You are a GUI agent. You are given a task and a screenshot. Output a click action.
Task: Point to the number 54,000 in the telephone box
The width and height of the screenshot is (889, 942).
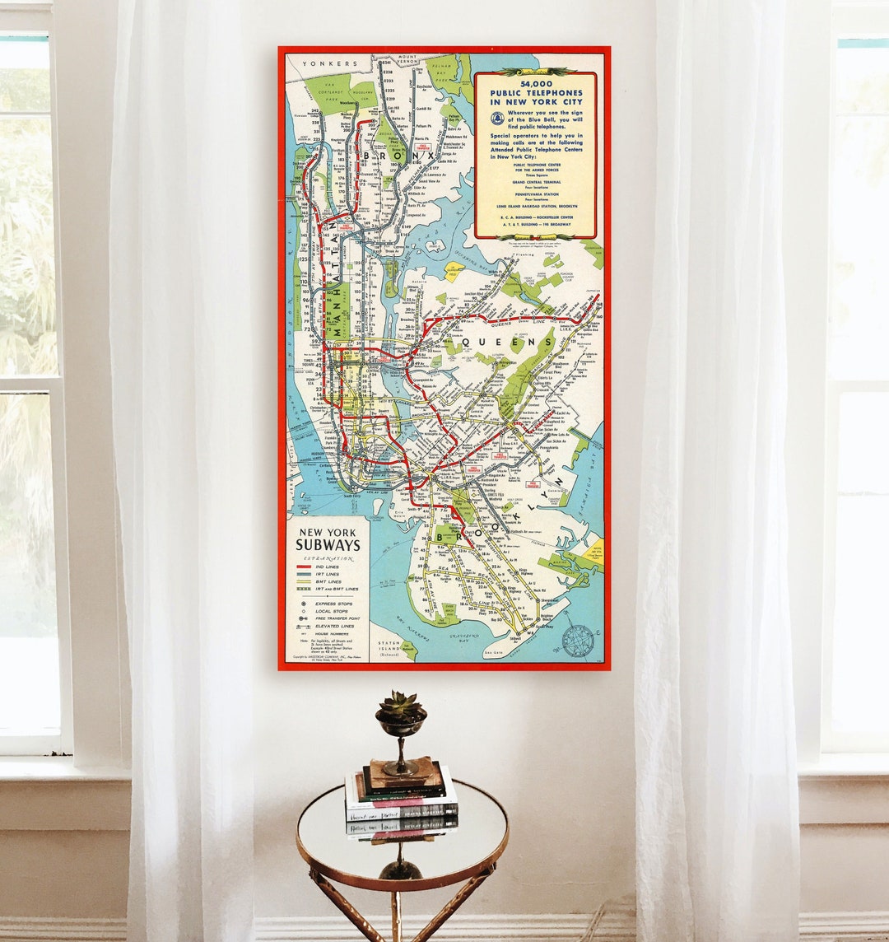coord(535,83)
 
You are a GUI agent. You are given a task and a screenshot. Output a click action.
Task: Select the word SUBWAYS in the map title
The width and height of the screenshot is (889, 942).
coord(328,545)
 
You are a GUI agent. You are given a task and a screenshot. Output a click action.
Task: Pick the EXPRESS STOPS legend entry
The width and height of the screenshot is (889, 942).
coord(329,604)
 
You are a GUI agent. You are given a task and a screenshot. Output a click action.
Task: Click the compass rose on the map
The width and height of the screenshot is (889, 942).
coord(578,640)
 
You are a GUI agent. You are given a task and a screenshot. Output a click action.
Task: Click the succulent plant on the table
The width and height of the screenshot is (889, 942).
coord(402,706)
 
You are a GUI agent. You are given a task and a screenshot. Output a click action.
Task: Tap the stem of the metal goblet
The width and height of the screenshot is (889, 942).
coord(402,749)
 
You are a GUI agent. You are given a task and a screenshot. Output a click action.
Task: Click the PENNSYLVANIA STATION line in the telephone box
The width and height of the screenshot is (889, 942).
coord(535,194)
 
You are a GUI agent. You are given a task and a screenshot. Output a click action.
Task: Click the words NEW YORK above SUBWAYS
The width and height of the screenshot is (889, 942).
coord(328,532)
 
